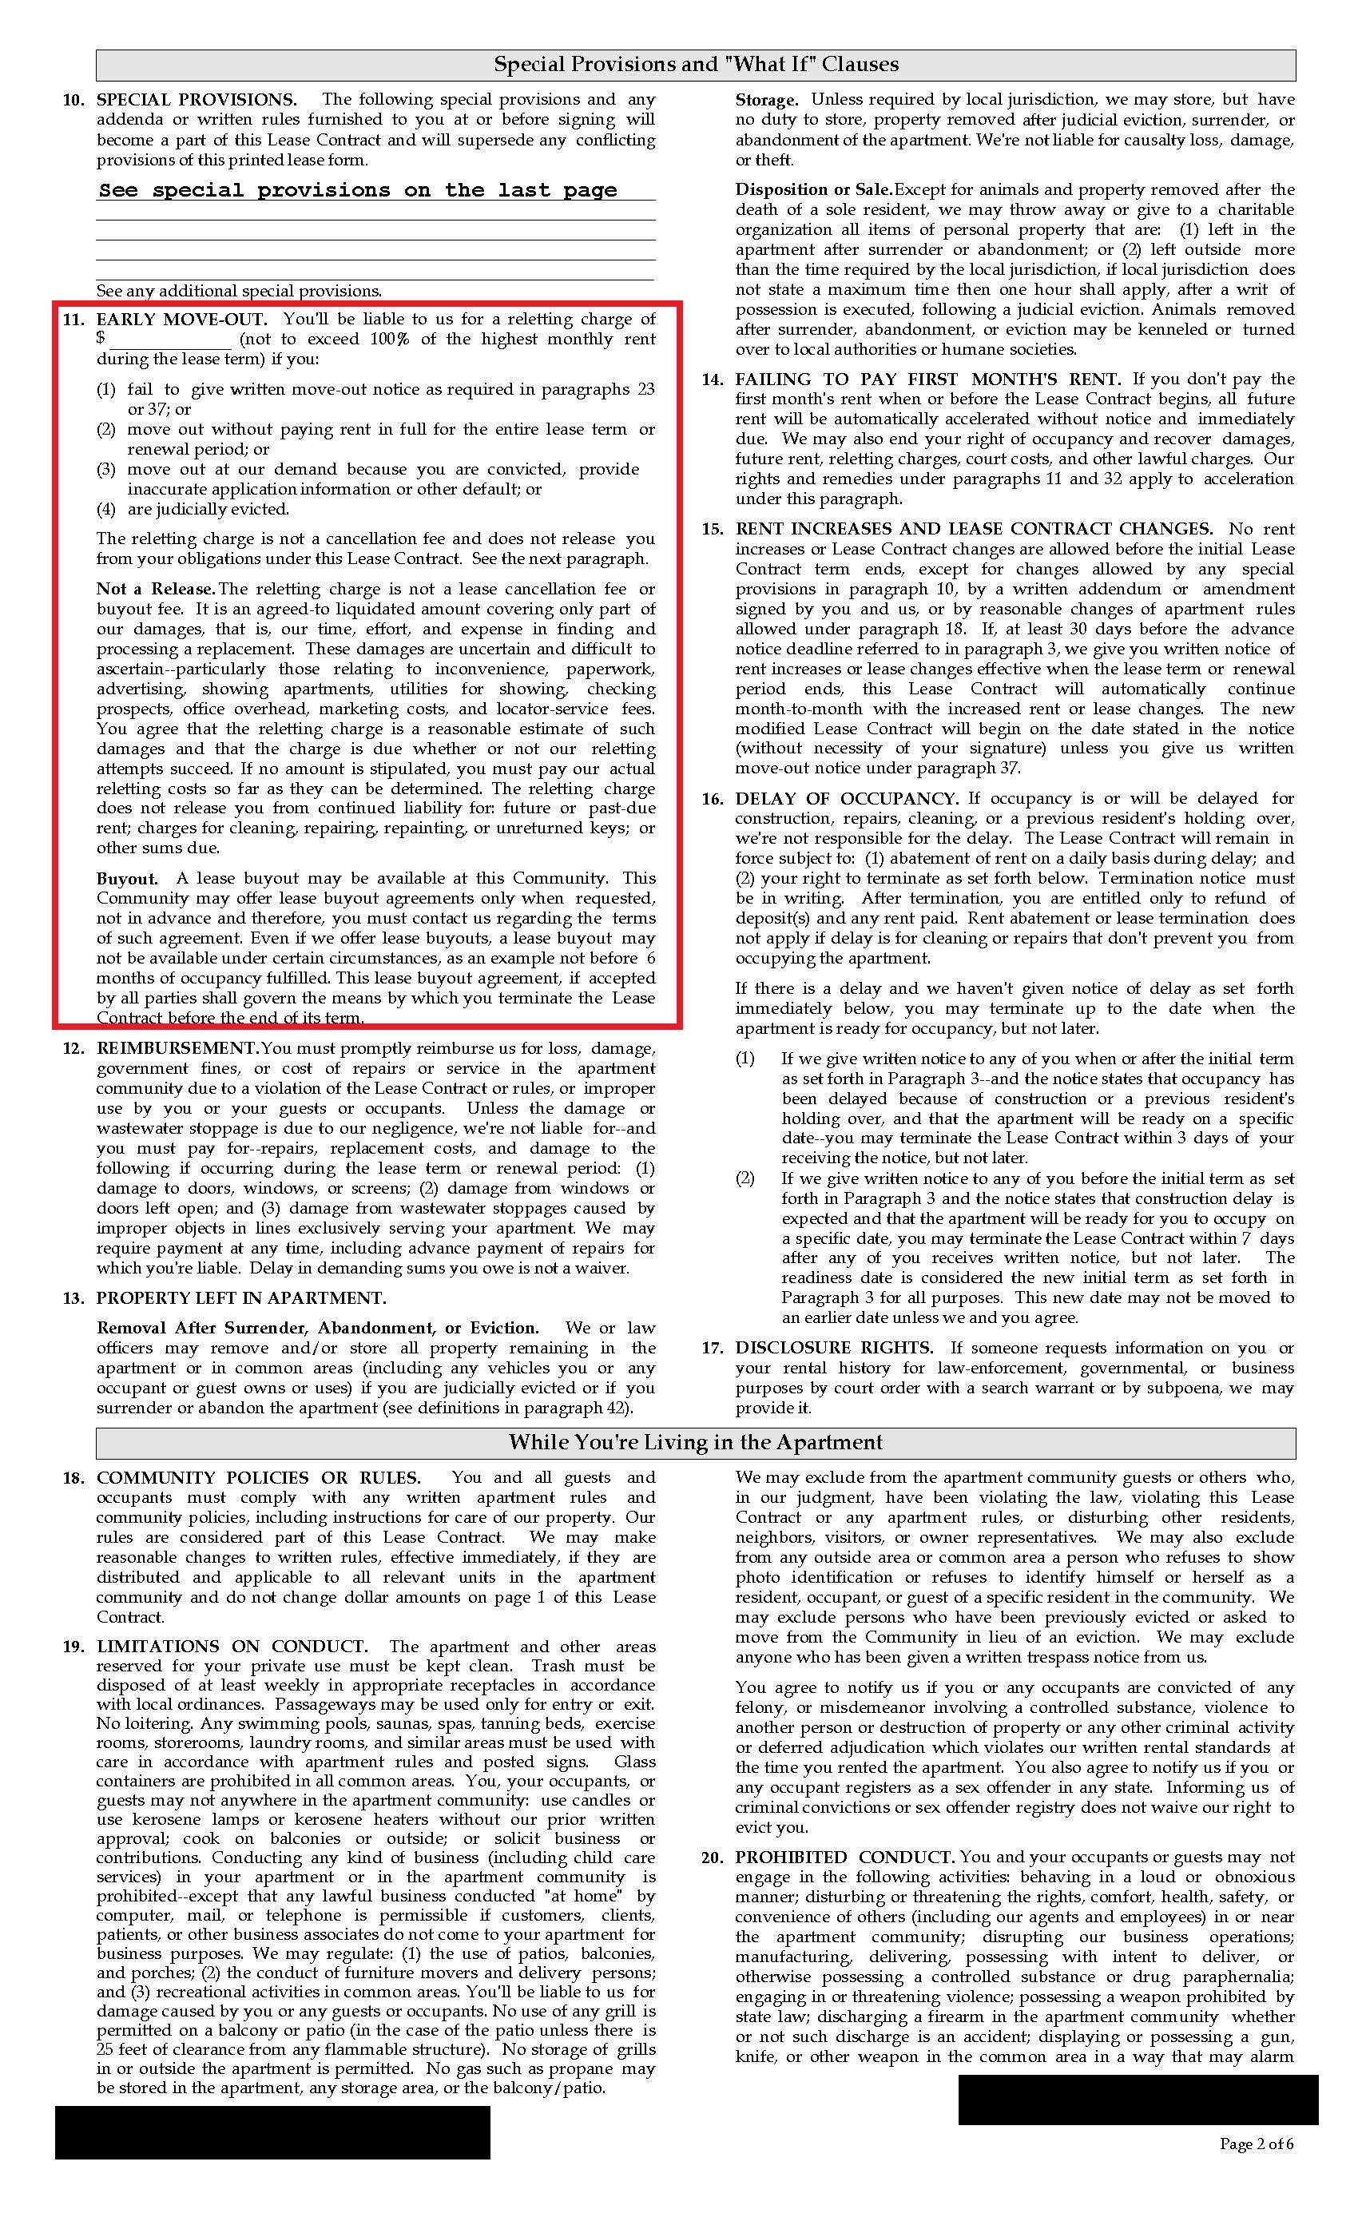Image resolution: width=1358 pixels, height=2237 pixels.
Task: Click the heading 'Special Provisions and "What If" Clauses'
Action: pyautogui.click(x=695, y=65)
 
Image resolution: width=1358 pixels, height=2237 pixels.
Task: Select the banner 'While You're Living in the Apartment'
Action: pyautogui.click(x=695, y=1443)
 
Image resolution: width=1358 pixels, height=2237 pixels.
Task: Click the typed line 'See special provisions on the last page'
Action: pyautogui.click(x=358, y=191)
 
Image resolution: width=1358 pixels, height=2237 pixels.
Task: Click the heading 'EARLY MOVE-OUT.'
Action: pyautogui.click(x=181, y=320)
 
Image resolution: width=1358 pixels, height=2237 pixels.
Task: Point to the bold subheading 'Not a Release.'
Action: pyautogui.click(x=156, y=590)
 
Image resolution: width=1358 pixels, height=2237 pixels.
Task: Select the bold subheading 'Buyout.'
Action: pyautogui.click(x=127, y=879)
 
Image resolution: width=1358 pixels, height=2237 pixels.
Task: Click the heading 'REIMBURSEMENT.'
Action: pyautogui.click(x=178, y=1048)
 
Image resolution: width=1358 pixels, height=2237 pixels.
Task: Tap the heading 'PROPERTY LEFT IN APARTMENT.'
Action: pyautogui.click(x=240, y=1299)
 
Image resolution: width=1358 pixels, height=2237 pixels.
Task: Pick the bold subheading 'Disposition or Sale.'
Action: pyautogui.click(x=813, y=190)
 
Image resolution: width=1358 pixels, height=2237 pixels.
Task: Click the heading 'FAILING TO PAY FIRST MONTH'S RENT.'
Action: pyautogui.click(x=927, y=379)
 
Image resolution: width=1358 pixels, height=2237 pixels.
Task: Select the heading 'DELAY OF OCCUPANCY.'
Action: pyautogui.click(x=846, y=799)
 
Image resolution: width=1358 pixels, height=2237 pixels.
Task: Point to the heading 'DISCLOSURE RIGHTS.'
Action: pyautogui.click(x=833, y=1349)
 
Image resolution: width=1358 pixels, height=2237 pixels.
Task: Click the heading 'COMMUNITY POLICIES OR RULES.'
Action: pyautogui.click(x=258, y=1478)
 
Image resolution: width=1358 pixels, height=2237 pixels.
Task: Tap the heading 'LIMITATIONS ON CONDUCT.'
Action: pyautogui.click(x=232, y=1647)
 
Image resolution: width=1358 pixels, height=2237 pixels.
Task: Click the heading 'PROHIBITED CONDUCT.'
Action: pyautogui.click(x=844, y=1858)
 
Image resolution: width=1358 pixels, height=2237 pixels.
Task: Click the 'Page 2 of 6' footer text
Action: pyautogui.click(x=1257, y=2144)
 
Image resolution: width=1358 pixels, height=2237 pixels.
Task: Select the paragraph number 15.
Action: pyautogui.click(x=712, y=529)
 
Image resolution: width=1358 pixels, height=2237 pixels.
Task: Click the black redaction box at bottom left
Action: pyautogui.click(x=272, y=2132)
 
